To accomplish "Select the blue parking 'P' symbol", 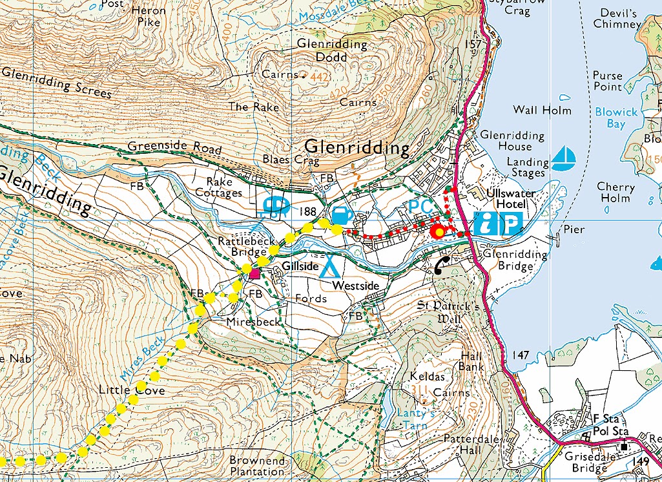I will click(510, 224).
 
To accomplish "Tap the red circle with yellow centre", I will click(439, 231).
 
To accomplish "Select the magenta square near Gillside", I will click(255, 274).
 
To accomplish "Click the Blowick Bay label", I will click(615, 118).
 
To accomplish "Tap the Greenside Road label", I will click(174, 148).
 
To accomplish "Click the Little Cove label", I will click(132, 390).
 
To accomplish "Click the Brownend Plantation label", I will click(257, 466).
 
